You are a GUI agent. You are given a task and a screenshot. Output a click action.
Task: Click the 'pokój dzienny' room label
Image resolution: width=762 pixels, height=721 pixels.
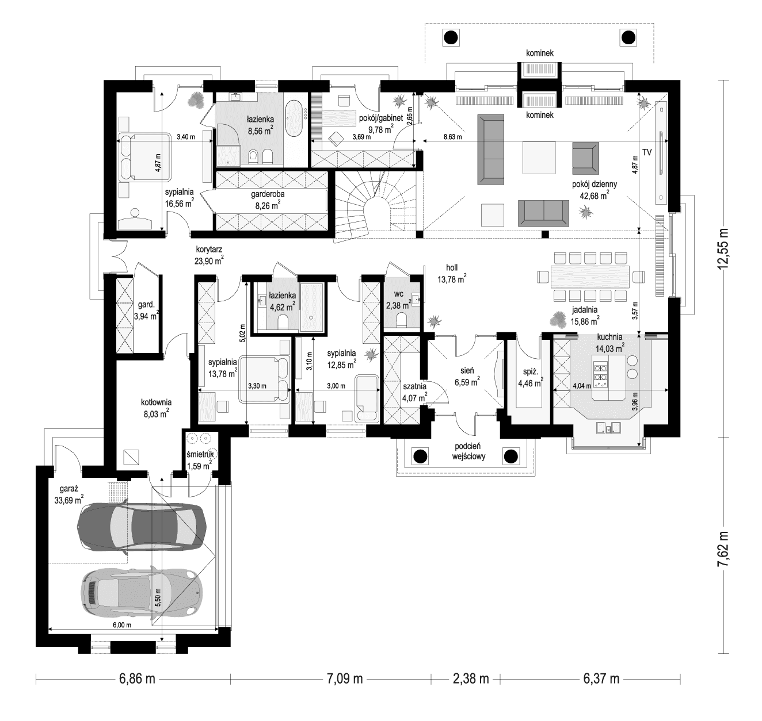pos(595,185)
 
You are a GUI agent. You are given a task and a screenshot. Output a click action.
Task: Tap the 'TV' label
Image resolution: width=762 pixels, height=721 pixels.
pos(647,153)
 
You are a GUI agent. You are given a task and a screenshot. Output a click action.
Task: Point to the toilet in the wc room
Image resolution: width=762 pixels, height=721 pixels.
pos(401,319)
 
